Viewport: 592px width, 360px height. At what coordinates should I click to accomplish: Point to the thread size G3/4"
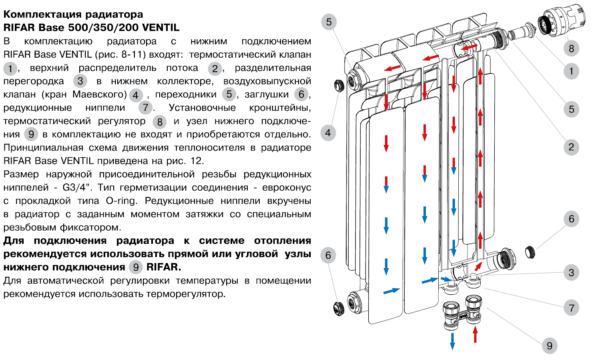click(x=76, y=187)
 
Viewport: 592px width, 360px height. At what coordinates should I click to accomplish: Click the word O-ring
click(x=121, y=201)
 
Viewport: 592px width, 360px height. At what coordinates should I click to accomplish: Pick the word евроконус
click(x=287, y=187)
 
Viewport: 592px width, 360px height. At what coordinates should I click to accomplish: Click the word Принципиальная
click(x=43, y=148)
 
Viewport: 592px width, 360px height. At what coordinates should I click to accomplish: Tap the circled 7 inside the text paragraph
click(x=146, y=108)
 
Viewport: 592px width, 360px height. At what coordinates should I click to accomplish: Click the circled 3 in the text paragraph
click(x=80, y=81)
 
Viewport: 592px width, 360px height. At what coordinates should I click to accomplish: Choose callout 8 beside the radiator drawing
click(x=571, y=48)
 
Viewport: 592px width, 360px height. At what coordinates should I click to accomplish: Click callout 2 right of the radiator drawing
click(x=571, y=147)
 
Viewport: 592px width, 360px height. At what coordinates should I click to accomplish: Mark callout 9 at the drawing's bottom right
click(x=549, y=346)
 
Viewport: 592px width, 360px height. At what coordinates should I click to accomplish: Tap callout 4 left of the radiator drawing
click(x=328, y=133)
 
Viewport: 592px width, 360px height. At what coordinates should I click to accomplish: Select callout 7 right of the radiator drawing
click(x=571, y=308)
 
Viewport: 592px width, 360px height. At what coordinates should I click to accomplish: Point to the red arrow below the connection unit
click(x=475, y=334)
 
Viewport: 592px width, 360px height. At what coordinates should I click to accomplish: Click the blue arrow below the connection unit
click(x=452, y=341)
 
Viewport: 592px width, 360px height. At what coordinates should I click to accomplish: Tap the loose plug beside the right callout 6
click(x=530, y=252)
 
